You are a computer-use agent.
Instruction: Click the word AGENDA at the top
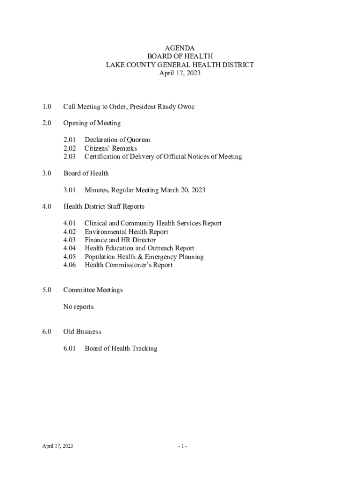(x=180, y=48)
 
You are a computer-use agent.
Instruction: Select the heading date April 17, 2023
(x=180, y=73)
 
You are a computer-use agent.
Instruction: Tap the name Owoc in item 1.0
(x=186, y=107)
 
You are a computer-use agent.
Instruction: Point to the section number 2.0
(x=46, y=123)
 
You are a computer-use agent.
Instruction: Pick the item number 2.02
(x=70, y=148)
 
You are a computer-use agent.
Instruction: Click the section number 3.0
(x=46, y=174)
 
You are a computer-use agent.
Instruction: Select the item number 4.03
(x=70, y=240)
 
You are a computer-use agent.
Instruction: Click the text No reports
(x=79, y=307)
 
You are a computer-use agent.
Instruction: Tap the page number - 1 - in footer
(x=182, y=446)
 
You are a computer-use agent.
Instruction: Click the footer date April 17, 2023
(x=58, y=446)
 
